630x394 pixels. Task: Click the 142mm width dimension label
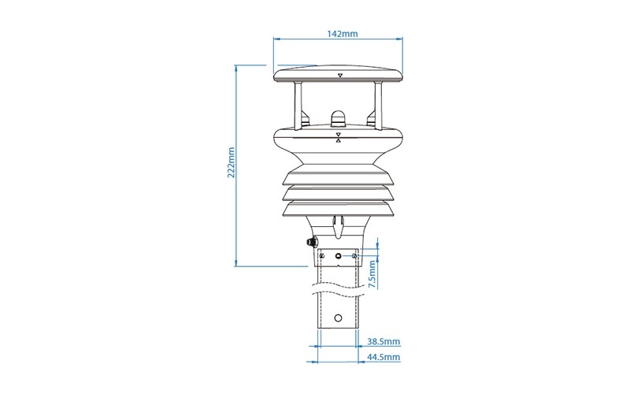click(342, 34)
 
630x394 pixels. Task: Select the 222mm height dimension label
click(231, 162)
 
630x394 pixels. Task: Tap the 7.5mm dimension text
click(372, 274)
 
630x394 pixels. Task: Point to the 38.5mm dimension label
click(384, 342)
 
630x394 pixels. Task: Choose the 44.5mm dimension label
click(384, 357)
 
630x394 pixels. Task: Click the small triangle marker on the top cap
click(340, 75)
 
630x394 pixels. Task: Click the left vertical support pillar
click(298, 106)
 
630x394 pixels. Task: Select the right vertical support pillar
click(378, 106)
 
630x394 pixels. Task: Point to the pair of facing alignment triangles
click(339, 137)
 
